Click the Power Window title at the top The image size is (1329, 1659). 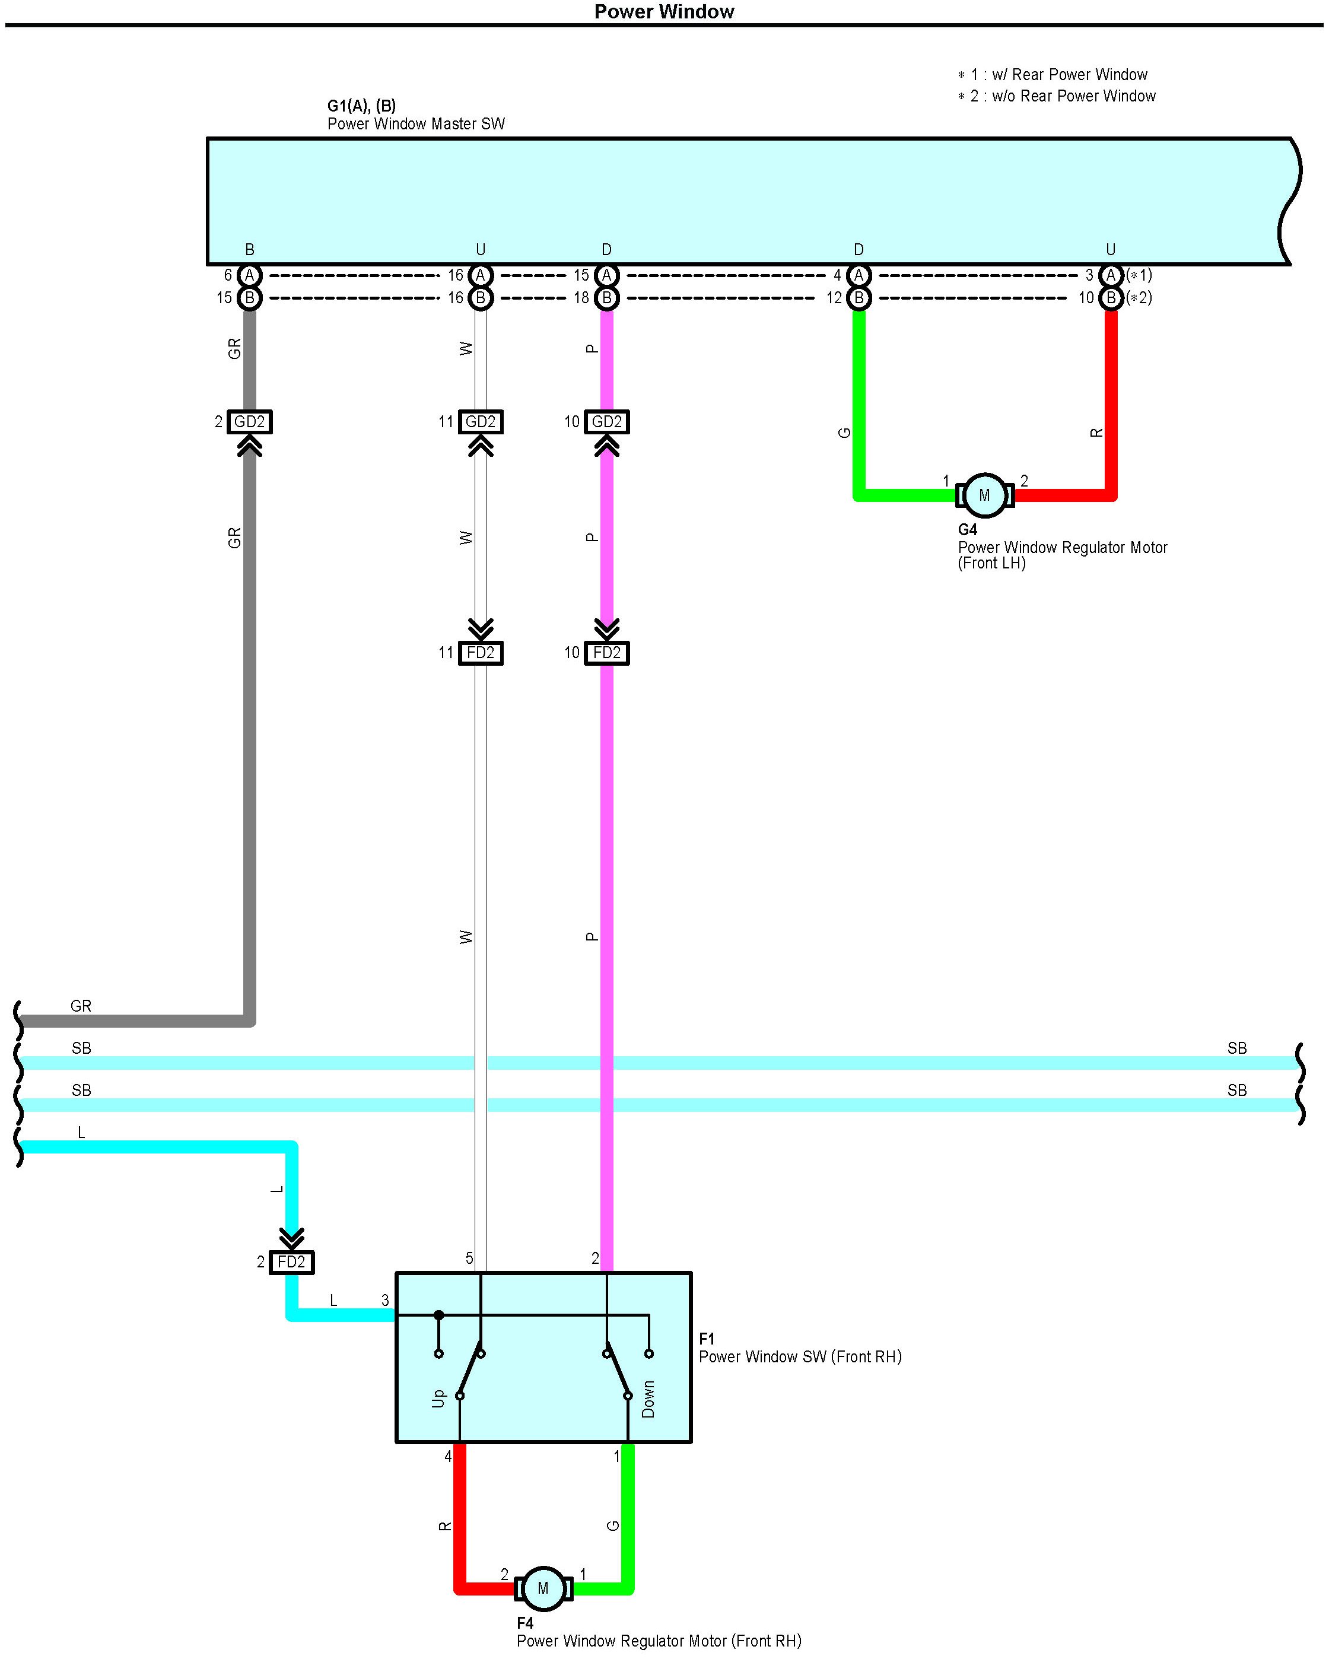[664, 11]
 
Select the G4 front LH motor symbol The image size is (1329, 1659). [984, 495]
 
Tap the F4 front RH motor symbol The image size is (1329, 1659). [543, 1588]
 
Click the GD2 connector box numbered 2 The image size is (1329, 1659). [249, 422]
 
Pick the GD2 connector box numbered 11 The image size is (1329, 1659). [480, 422]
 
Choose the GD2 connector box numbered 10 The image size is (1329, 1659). [606, 422]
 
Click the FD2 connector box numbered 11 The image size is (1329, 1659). [480, 653]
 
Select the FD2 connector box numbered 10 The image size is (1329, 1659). [606, 653]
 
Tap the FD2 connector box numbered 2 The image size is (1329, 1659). [292, 1262]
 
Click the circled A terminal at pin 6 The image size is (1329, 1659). [249, 275]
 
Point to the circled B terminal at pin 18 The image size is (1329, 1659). [606, 298]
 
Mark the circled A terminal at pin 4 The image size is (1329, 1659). [859, 275]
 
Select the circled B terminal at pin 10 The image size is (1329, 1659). [1111, 298]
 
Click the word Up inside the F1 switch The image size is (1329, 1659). [438, 1398]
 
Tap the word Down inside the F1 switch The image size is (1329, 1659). [648, 1399]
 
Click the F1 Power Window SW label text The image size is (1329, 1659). [800, 1356]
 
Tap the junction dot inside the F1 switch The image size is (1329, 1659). [438, 1315]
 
